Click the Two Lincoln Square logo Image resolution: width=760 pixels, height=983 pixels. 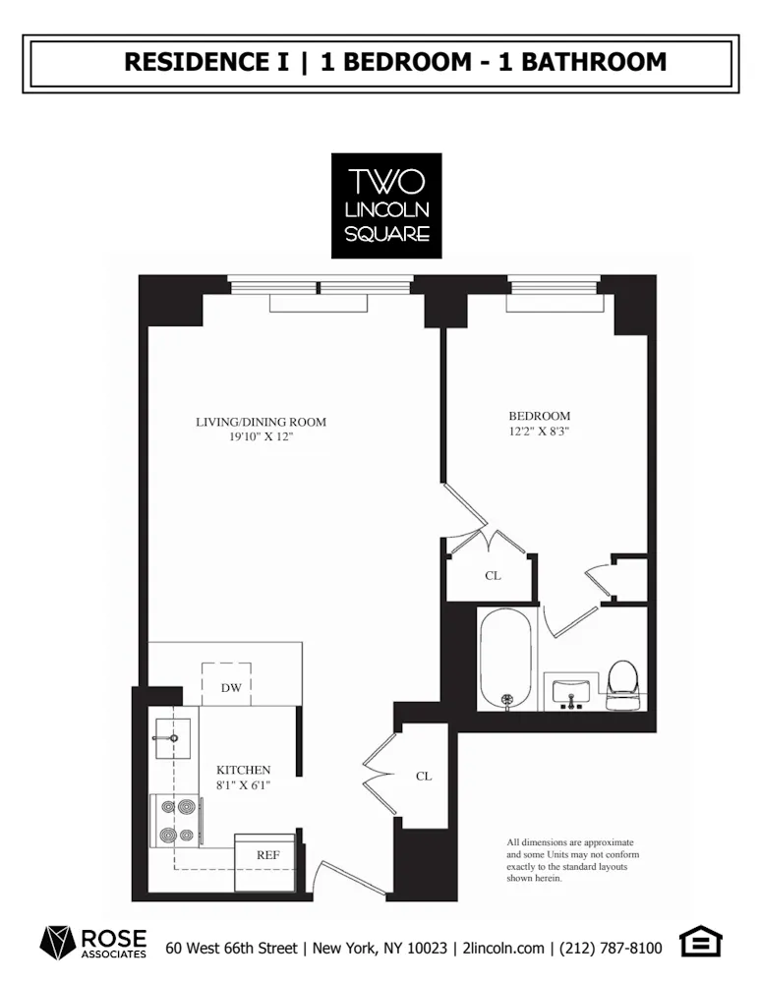tap(385, 205)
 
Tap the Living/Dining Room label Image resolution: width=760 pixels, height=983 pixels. tap(261, 423)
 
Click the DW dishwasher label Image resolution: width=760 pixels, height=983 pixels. tap(231, 687)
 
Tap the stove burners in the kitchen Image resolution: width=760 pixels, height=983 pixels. tap(176, 821)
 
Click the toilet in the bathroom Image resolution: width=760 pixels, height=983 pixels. tap(622, 682)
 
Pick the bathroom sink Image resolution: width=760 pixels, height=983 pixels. tap(570, 689)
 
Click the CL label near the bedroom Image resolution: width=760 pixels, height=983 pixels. tap(493, 576)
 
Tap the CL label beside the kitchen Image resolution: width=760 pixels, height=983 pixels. tap(423, 776)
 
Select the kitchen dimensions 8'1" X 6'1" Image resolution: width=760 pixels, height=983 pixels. tap(243, 785)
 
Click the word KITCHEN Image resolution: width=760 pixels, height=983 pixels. tap(243, 770)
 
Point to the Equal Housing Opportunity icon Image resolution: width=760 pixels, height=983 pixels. tap(701, 944)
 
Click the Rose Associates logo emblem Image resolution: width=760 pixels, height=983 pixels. tap(57, 943)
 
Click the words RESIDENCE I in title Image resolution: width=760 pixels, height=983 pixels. tap(206, 62)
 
